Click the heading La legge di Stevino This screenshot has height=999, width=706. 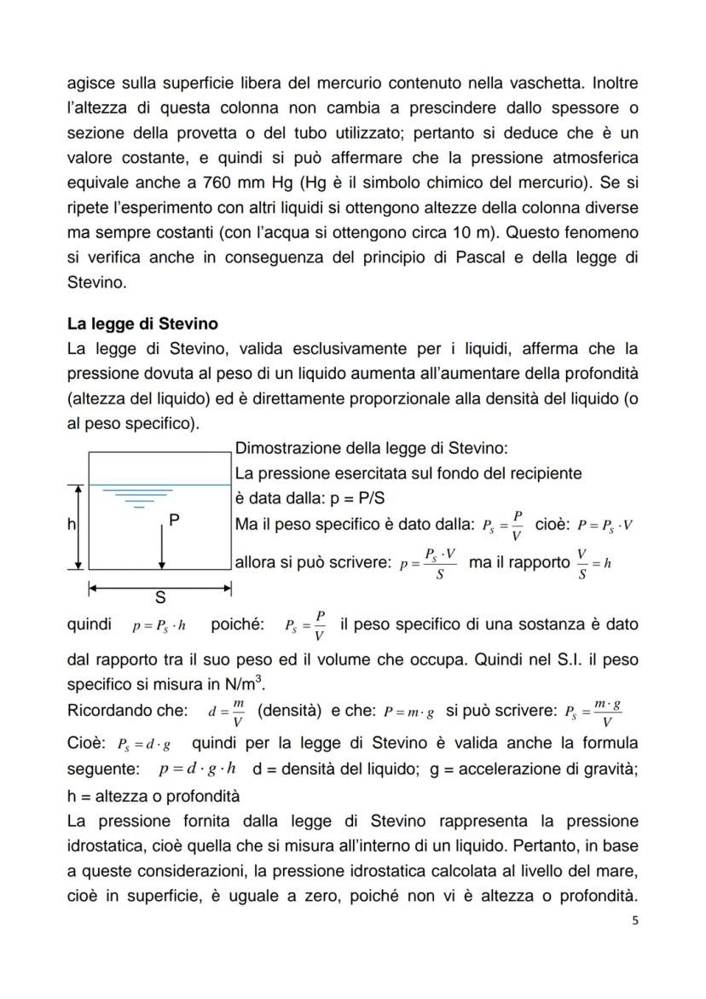click(142, 324)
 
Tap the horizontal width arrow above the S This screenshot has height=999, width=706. click(160, 587)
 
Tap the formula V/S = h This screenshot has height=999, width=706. click(593, 563)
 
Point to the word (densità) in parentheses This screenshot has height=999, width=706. click(288, 711)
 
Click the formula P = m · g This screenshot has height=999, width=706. click(408, 711)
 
